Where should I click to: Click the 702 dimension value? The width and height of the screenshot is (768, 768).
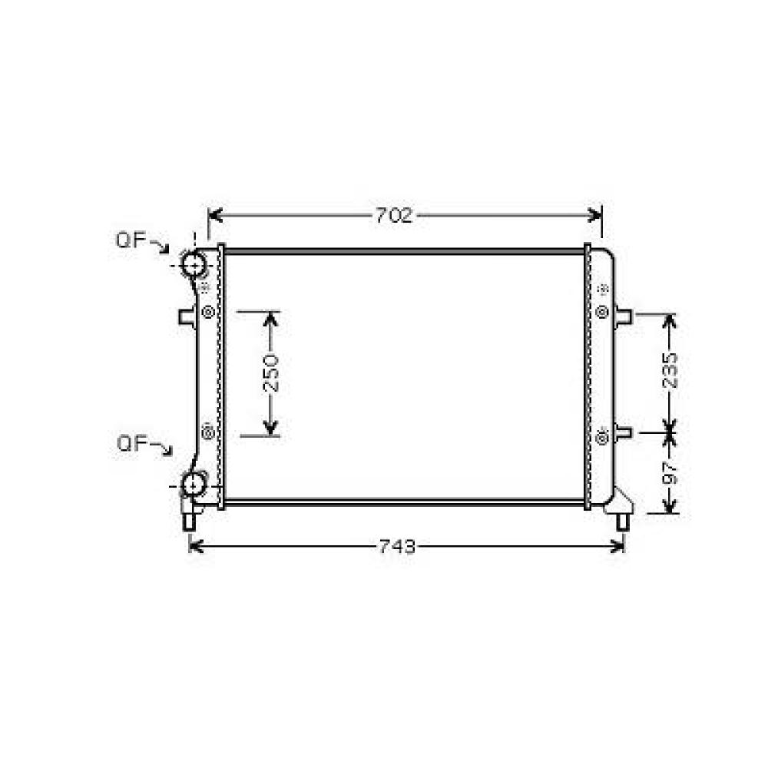pyautogui.click(x=394, y=216)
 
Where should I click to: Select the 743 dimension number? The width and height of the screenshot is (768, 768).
pyautogui.click(x=398, y=546)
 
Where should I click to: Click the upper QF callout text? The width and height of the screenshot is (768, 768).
pyautogui.click(x=131, y=240)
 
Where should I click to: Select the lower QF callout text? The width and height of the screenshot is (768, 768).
pyautogui.click(x=131, y=443)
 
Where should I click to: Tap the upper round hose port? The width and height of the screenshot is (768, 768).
pyautogui.click(x=194, y=264)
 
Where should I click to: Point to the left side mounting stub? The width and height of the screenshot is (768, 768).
pyautogui.click(x=187, y=316)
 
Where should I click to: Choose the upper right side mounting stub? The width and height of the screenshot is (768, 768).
pyautogui.click(x=623, y=315)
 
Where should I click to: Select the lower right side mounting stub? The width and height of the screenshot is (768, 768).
pyautogui.click(x=623, y=433)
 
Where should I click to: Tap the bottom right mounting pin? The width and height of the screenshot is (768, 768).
pyautogui.click(x=623, y=521)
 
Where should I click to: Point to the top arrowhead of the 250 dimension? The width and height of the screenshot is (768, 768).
pyautogui.click(x=271, y=318)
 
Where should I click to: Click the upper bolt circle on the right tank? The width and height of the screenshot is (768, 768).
pyautogui.click(x=602, y=312)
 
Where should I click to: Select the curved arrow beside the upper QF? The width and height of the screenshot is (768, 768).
pyautogui.click(x=160, y=246)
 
